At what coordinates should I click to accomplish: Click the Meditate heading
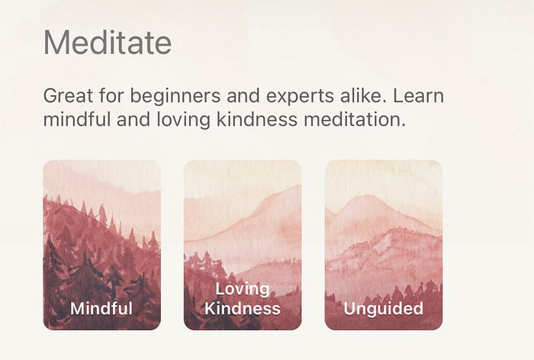(x=108, y=43)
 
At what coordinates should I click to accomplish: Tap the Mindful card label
(x=101, y=308)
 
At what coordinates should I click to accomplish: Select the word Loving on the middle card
(x=243, y=290)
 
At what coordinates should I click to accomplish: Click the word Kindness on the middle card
(x=243, y=309)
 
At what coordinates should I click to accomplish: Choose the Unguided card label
(x=384, y=309)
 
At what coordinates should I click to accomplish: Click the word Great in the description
(x=68, y=95)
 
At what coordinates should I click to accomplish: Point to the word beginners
(x=175, y=96)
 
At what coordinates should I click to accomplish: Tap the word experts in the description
(x=300, y=97)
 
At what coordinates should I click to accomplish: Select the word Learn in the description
(x=419, y=95)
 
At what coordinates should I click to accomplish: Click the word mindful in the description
(x=77, y=120)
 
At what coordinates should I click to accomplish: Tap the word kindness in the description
(x=257, y=120)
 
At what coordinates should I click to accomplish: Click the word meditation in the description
(x=352, y=120)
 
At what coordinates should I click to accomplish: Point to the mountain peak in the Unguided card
(x=368, y=195)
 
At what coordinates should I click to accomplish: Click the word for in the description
(x=111, y=95)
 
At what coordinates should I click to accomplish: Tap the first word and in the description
(x=243, y=95)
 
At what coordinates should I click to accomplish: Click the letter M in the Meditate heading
(x=56, y=43)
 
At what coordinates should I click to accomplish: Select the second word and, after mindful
(x=133, y=120)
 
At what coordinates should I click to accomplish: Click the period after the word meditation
(x=404, y=125)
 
